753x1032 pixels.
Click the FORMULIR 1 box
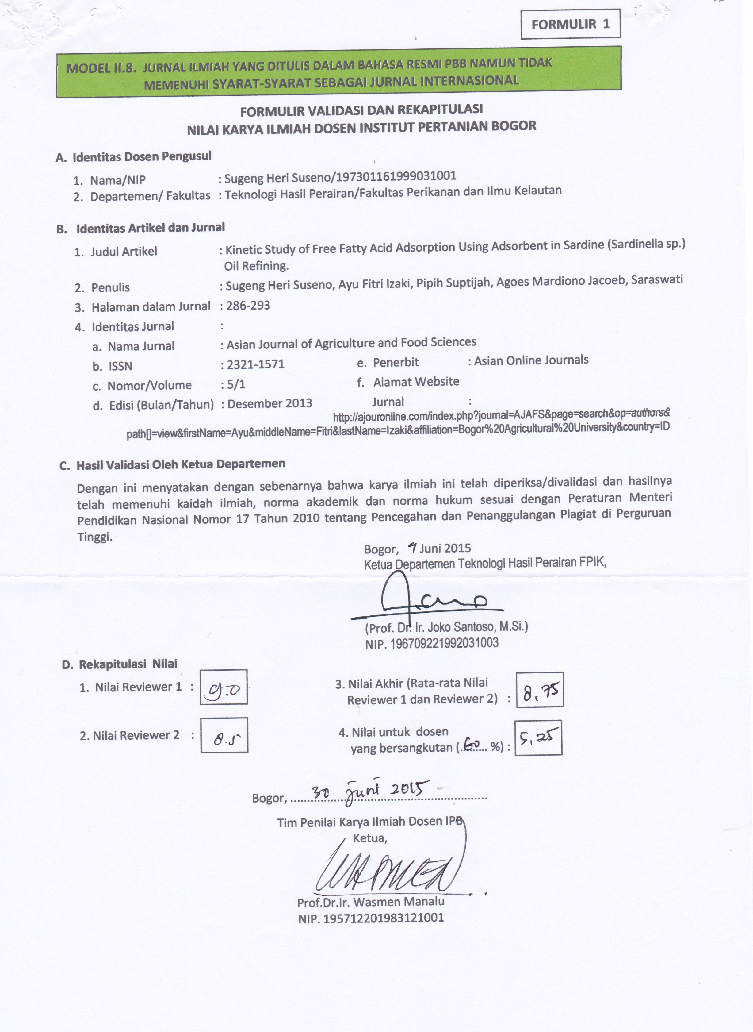point(570,25)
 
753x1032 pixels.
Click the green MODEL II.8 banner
point(339,72)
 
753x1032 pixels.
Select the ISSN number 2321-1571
point(255,364)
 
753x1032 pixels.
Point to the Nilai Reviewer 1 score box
point(224,687)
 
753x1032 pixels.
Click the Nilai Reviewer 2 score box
point(224,735)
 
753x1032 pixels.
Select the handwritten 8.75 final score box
point(540,690)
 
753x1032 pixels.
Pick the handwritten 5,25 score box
point(538,737)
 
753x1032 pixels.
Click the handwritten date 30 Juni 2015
point(370,789)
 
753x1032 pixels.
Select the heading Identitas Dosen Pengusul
point(142,157)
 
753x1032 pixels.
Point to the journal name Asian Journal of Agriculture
point(351,343)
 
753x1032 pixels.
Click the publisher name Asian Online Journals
point(531,360)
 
